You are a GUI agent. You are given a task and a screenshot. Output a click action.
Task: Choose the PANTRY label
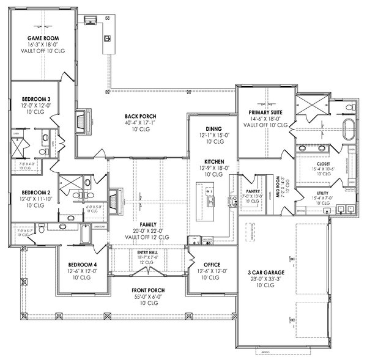[x=254, y=191]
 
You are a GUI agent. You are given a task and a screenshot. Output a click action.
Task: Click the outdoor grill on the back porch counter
[x=108, y=39]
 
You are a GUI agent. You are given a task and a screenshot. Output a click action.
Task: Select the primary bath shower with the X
[x=310, y=108]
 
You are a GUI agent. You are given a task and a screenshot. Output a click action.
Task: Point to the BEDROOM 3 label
[x=37, y=98]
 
